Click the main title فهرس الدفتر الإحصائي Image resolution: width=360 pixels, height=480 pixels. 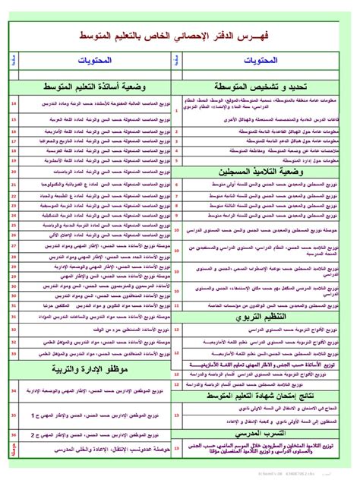[x=178, y=36]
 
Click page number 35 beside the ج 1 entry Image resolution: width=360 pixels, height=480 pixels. [x=14, y=416]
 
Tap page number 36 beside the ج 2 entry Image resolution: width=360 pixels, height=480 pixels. [x=14, y=434]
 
